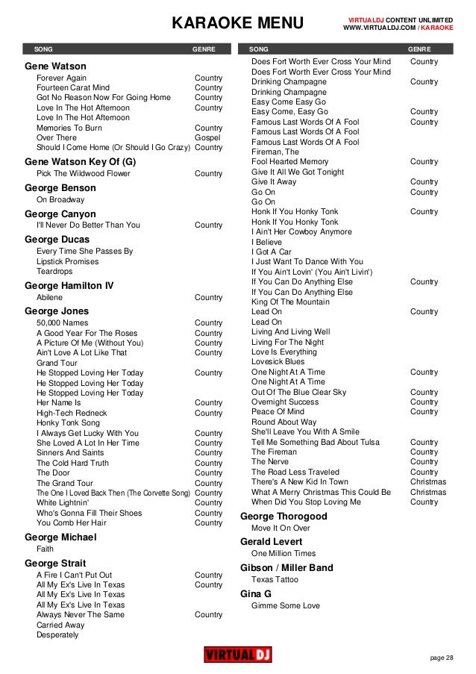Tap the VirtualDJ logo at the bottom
tap(237, 655)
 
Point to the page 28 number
tap(442, 657)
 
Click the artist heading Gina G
tap(255, 593)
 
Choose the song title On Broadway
tap(60, 199)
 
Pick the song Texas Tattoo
tap(275, 579)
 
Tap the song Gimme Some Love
tap(285, 605)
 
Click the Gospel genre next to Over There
tap(207, 138)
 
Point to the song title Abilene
tap(49, 297)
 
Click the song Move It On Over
tap(281, 528)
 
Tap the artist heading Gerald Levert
tap(271, 541)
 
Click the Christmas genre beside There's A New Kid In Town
tap(428, 482)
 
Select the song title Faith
tap(45, 549)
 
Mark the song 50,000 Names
tap(62, 322)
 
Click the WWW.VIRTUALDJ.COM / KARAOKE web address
tap(397, 28)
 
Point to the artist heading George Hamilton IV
tap(69, 285)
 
